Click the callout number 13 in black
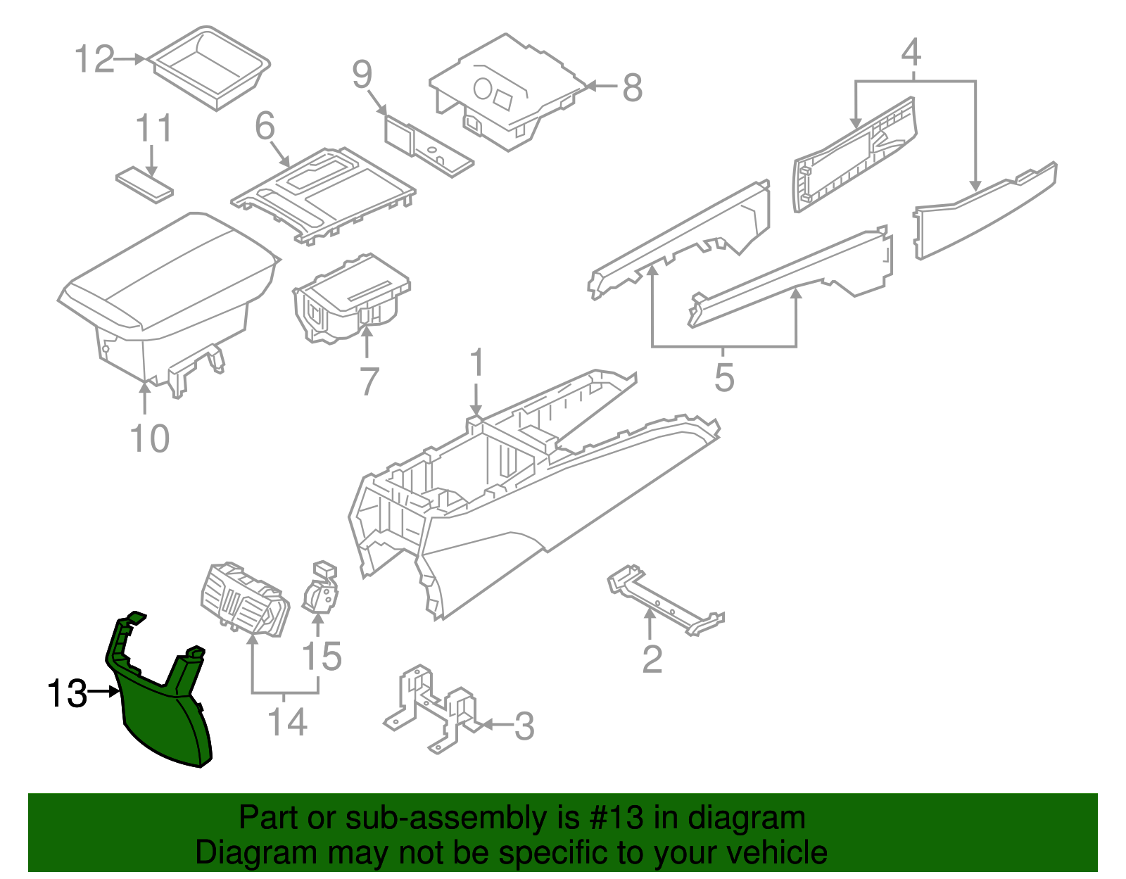[x=66, y=694]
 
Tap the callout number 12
[x=94, y=59]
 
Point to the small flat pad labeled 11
[x=144, y=184]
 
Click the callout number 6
[x=265, y=127]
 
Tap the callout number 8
[x=632, y=88]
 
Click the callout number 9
[x=362, y=75]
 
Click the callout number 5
[x=724, y=378]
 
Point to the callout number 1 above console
[x=476, y=364]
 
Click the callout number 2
[x=652, y=659]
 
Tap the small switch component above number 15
[x=322, y=589]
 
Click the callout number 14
[x=287, y=722]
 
